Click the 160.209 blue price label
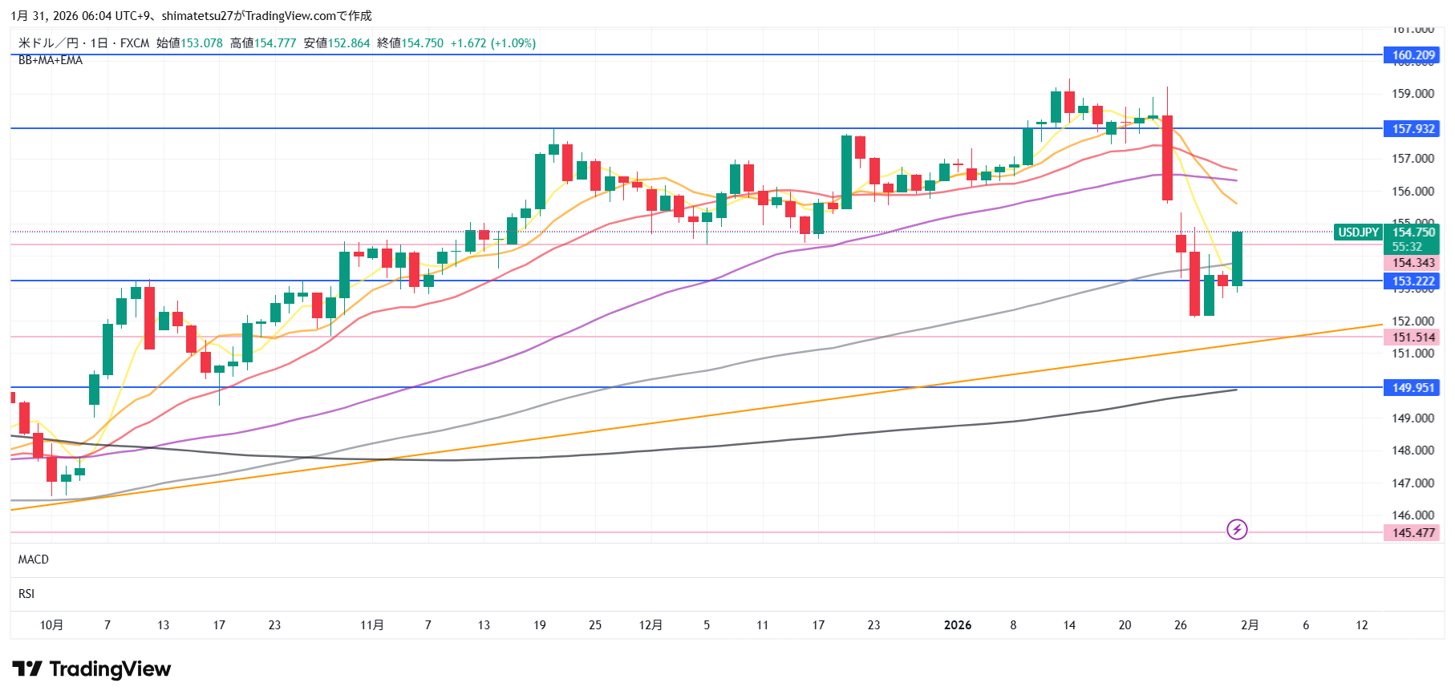pos(1412,55)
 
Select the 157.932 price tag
pos(1412,128)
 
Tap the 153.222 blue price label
pos(1412,281)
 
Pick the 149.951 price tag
pos(1412,387)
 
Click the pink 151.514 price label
pos(1412,337)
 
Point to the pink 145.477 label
pos(1412,532)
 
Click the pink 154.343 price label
pos(1412,263)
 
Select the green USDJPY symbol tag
pos(1358,232)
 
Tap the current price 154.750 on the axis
pos(1412,232)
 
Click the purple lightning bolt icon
pos(1237,529)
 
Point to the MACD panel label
pos(34,560)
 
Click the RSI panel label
pos(26,594)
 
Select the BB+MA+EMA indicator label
pos(51,60)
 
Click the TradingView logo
pos(91,669)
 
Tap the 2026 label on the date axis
pos(958,625)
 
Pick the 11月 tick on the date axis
pos(372,625)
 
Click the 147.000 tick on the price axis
pos(1412,483)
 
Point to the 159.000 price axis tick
pos(1412,94)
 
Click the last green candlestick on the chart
pos(1238,258)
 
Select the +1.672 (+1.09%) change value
pos(492,43)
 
